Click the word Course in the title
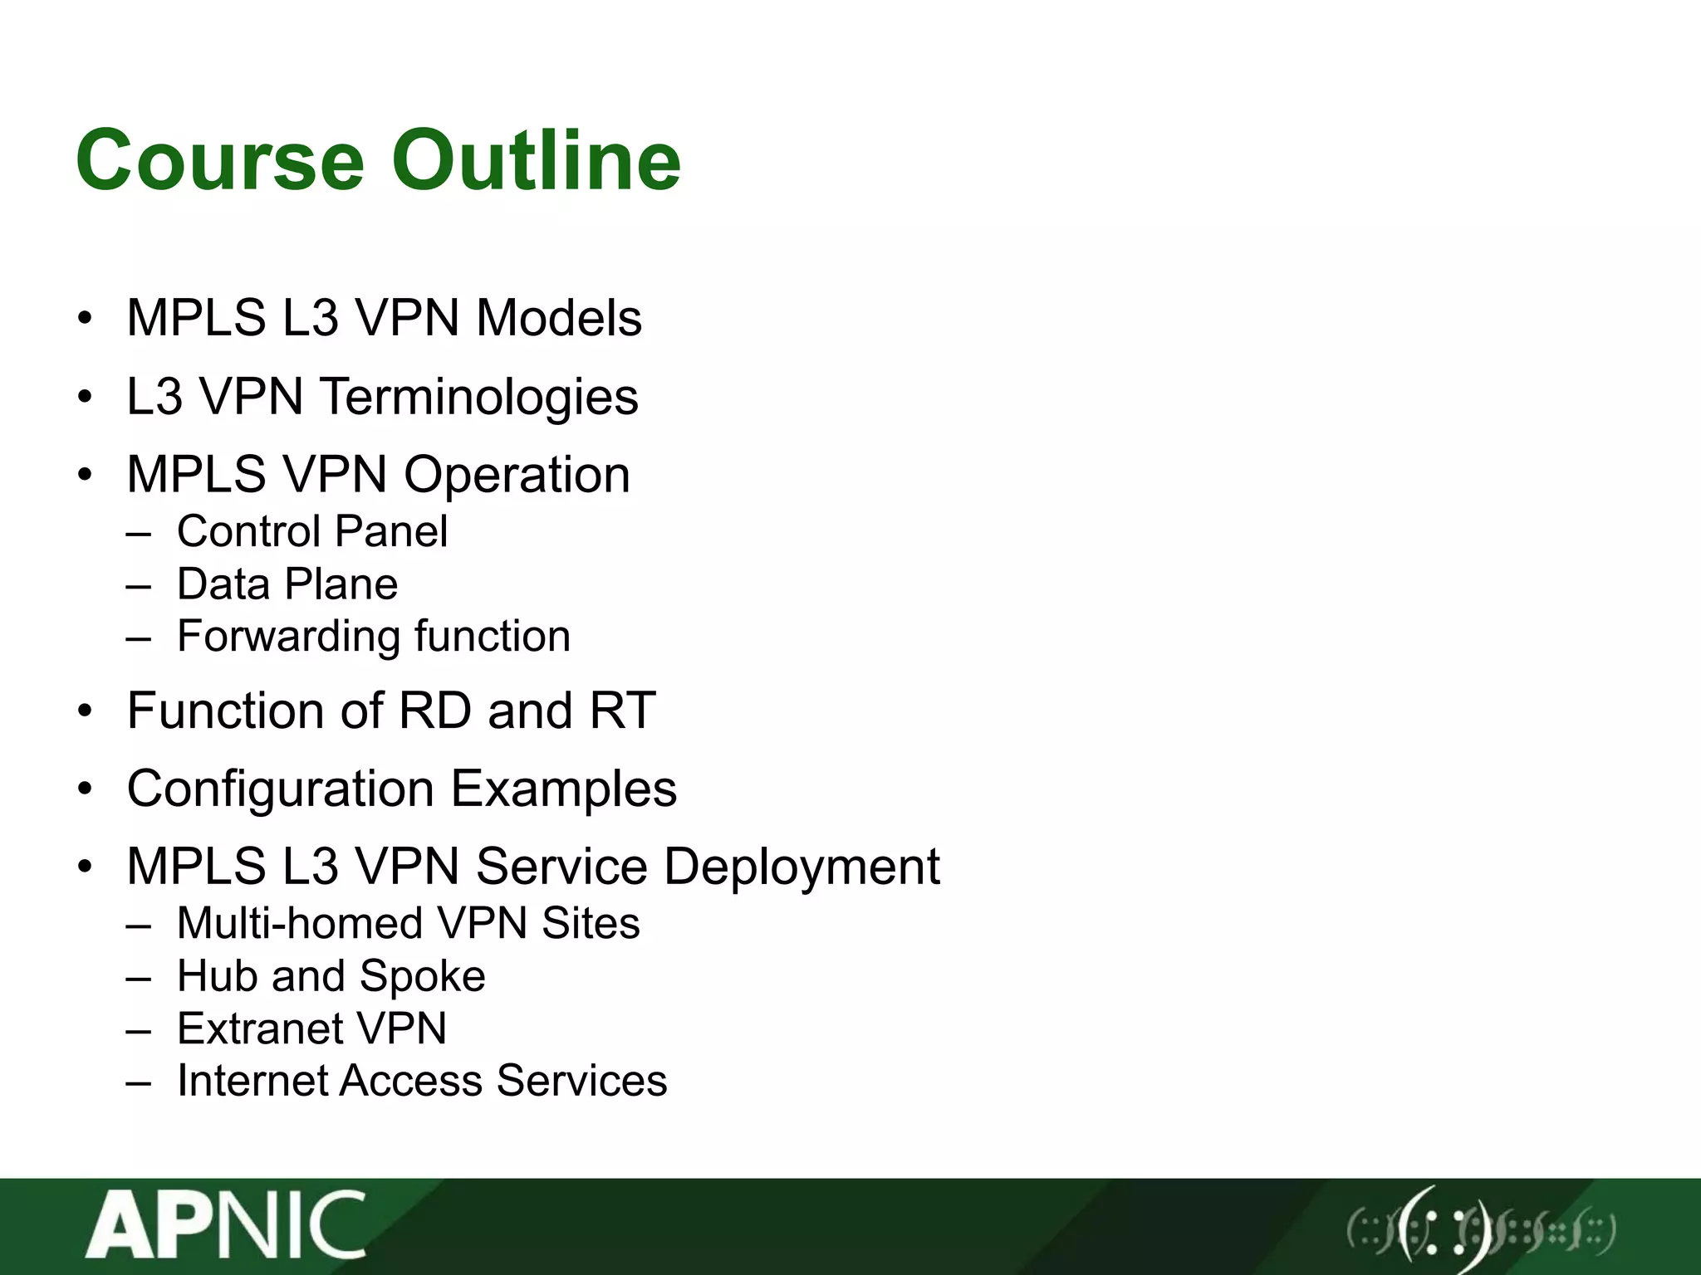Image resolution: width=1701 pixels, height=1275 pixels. coord(220,159)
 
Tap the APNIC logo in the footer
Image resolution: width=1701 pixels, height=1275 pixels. coord(226,1224)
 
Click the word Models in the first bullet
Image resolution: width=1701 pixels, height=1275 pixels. coord(559,318)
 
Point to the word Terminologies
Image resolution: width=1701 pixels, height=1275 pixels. coord(479,397)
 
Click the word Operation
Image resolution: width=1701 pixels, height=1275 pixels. coord(517,475)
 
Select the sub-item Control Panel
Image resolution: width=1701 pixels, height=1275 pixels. coord(311,531)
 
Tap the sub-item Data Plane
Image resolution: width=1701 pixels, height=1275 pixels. coord(287,584)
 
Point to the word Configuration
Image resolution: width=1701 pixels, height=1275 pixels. coord(280,789)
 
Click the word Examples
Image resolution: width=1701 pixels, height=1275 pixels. coord(564,789)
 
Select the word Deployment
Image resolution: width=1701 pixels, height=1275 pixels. coord(801,867)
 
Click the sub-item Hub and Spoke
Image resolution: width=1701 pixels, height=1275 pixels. coord(331,976)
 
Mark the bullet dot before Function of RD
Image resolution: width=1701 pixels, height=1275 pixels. coord(85,712)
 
